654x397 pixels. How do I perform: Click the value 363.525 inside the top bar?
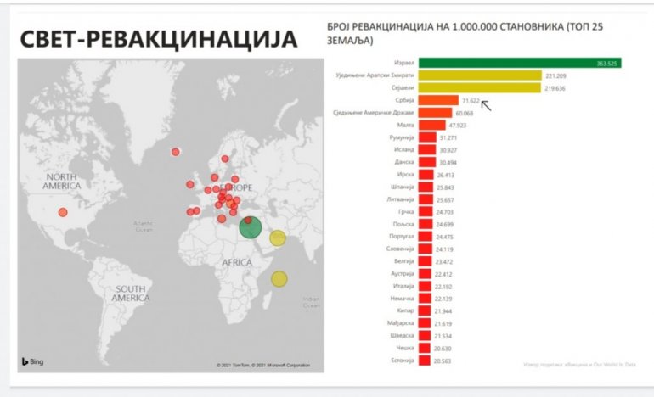tap(607, 63)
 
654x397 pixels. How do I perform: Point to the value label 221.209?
tap(555, 75)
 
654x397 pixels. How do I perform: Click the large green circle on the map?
tap(251, 226)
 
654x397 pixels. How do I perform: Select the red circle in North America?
tap(62, 213)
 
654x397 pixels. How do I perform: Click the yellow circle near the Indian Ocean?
tap(279, 278)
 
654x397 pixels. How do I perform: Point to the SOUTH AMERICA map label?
tap(131, 294)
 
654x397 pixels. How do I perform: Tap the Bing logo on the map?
tap(35, 362)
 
